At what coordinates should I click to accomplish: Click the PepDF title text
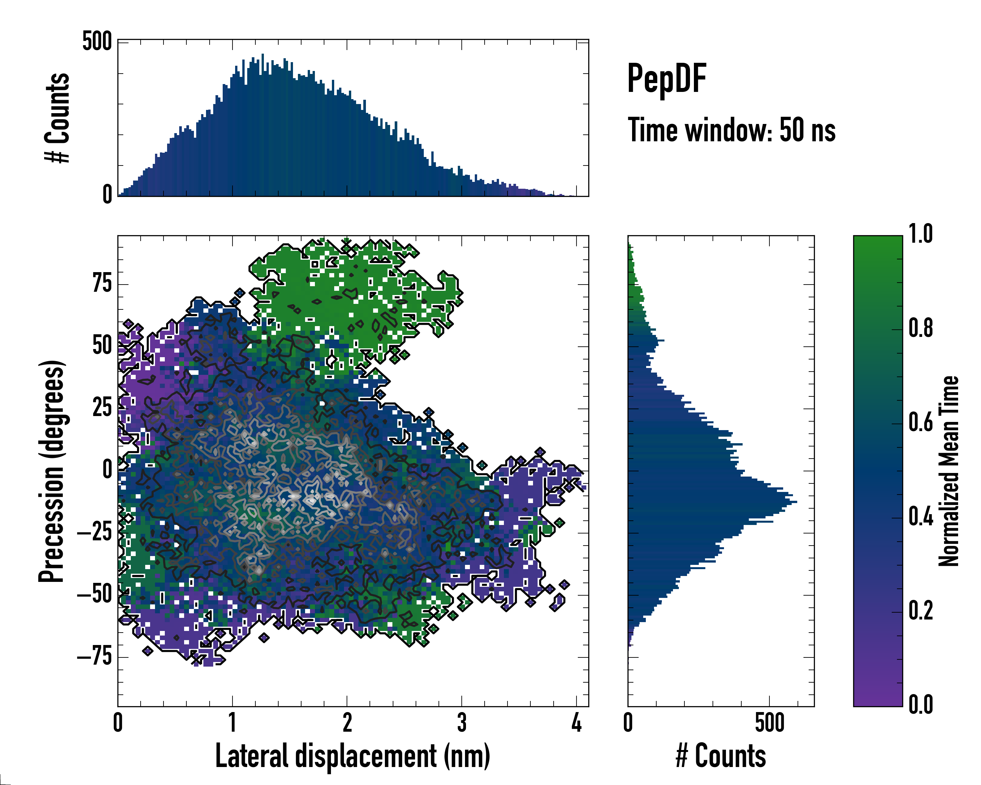666,79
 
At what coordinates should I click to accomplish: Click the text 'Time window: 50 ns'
731,130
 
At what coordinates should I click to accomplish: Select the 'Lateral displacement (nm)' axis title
353,756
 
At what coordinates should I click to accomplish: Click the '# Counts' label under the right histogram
721,756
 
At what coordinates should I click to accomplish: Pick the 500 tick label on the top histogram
97,42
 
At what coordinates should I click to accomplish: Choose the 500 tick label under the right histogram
769,723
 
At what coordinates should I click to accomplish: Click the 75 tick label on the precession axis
102,284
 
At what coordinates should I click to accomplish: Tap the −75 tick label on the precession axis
95,657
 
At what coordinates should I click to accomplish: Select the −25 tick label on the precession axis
95,532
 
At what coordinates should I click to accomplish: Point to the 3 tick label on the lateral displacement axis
462,723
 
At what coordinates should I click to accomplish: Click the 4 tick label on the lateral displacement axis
577,723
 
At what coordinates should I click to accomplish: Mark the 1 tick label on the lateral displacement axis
232,723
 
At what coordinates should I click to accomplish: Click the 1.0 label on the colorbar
921,234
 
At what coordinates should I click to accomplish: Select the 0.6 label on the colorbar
921,422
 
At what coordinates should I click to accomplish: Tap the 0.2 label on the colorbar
921,611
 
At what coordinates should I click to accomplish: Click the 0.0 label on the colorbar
921,705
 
